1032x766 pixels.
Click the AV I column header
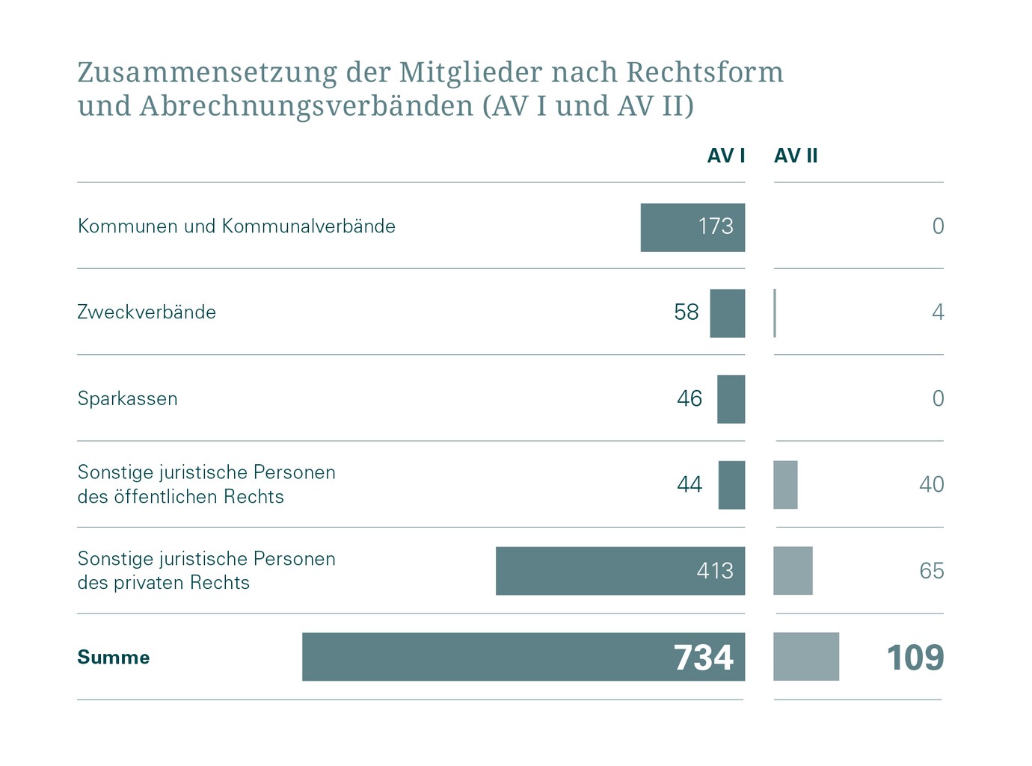click(x=725, y=155)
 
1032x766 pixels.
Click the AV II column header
click(x=796, y=155)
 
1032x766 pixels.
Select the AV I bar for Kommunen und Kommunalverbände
click(x=692, y=227)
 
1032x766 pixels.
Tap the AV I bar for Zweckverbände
click(x=727, y=313)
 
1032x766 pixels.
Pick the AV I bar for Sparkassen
click(x=731, y=399)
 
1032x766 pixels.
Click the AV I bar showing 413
click(x=619, y=571)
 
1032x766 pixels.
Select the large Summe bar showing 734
click(x=523, y=657)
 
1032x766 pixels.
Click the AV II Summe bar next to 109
click(x=805, y=657)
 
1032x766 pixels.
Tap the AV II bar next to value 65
click(x=793, y=571)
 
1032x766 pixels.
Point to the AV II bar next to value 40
click(x=785, y=485)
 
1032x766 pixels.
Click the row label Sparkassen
click(x=128, y=399)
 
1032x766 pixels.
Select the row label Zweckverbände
click(x=147, y=312)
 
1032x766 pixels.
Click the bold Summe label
click(x=114, y=658)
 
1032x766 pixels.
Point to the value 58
click(x=686, y=312)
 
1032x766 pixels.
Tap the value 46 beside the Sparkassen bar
click(x=689, y=399)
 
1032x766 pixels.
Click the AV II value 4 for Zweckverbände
click(x=938, y=312)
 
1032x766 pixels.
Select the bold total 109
click(x=915, y=658)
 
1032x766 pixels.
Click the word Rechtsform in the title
click(x=704, y=72)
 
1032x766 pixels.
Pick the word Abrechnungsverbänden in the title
click(x=306, y=106)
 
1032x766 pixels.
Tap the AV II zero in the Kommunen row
click(x=938, y=226)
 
